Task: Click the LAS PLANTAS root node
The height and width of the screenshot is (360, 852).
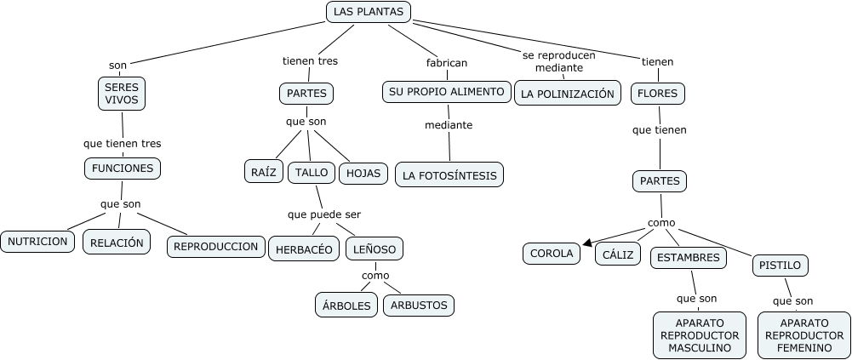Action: click(369, 12)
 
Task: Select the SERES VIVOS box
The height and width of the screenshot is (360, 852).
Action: click(122, 94)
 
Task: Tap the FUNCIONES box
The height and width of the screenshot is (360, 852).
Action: click(123, 169)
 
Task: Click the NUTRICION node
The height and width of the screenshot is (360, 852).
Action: click(37, 242)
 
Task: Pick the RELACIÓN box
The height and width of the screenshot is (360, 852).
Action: click(117, 243)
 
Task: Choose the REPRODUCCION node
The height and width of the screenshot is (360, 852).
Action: click(215, 247)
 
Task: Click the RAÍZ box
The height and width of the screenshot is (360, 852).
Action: click(263, 172)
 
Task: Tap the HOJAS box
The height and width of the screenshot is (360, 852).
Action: click(363, 173)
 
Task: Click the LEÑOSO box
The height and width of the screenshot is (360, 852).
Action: click(375, 249)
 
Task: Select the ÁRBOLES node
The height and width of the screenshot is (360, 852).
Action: click(347, 305)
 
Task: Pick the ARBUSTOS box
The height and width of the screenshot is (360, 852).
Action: click(419, 305)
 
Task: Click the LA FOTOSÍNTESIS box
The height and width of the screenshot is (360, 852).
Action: click(449, 175)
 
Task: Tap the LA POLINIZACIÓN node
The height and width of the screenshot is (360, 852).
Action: click(568, 94)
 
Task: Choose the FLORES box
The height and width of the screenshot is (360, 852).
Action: click(657, 94)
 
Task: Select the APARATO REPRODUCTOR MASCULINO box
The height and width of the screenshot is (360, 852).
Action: click(700, 335)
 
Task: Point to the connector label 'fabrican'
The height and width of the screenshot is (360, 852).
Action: click(447, 62)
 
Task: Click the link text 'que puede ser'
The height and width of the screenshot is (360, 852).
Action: click(329, 214)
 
